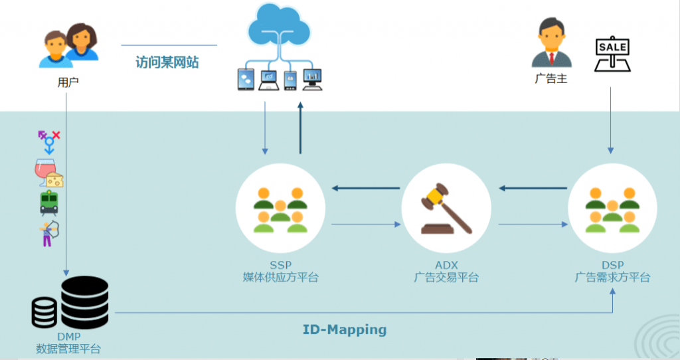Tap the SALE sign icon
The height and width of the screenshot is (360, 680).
(x=612, y=54)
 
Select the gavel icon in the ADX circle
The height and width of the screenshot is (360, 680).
(x=446, y=209)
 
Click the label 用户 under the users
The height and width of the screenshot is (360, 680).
(x=68, y=82)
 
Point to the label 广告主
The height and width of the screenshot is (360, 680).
(x=551, y=78)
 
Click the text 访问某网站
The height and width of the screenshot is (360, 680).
(x=167, y=62)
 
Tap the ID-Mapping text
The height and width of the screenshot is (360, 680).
(x=345, y=329)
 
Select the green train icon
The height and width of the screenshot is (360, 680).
(x=49, y=203)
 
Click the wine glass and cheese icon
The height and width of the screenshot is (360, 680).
(x=49, y=173)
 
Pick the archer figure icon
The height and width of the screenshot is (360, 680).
(x=49, y=233)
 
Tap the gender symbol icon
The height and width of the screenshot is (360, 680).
(x=49, y=142)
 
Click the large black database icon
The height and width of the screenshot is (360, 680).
(x=84, y=302)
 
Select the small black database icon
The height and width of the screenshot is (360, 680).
(x=44, y=312)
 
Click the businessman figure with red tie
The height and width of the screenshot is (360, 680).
(x=551, y=43)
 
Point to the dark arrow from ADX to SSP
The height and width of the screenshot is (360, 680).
(x=366, y=188)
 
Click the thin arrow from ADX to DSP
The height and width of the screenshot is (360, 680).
(x=533, y=225)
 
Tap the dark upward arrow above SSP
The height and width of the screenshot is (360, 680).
(x=300, y=128)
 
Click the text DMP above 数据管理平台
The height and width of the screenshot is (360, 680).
(x=68, y=337)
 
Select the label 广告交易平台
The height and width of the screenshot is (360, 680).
(x=446, y=278)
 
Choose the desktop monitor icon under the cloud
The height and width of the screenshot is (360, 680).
(x=312, y=80)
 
